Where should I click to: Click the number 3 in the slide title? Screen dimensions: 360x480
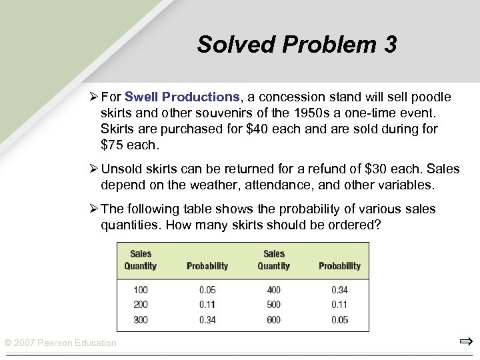click(389, 45)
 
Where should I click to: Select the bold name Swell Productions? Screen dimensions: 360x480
click(182, 97)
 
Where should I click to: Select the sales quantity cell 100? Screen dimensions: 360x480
click(140, 290)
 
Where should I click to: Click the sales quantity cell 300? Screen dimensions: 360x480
click(140, 319)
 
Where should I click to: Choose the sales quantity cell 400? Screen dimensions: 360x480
click(273, 290)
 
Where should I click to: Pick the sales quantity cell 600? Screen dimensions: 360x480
click(273, 319)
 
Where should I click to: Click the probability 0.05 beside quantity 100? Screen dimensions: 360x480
click(207, 290)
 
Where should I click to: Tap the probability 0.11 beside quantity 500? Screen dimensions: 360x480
click(339, 305)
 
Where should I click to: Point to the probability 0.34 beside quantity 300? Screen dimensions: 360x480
click(207, 319)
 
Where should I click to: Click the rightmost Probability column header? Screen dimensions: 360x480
click(339, 266)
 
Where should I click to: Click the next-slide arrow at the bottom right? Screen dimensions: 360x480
click(465, 342)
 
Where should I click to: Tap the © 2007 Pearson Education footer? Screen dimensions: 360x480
click(60, 343)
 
